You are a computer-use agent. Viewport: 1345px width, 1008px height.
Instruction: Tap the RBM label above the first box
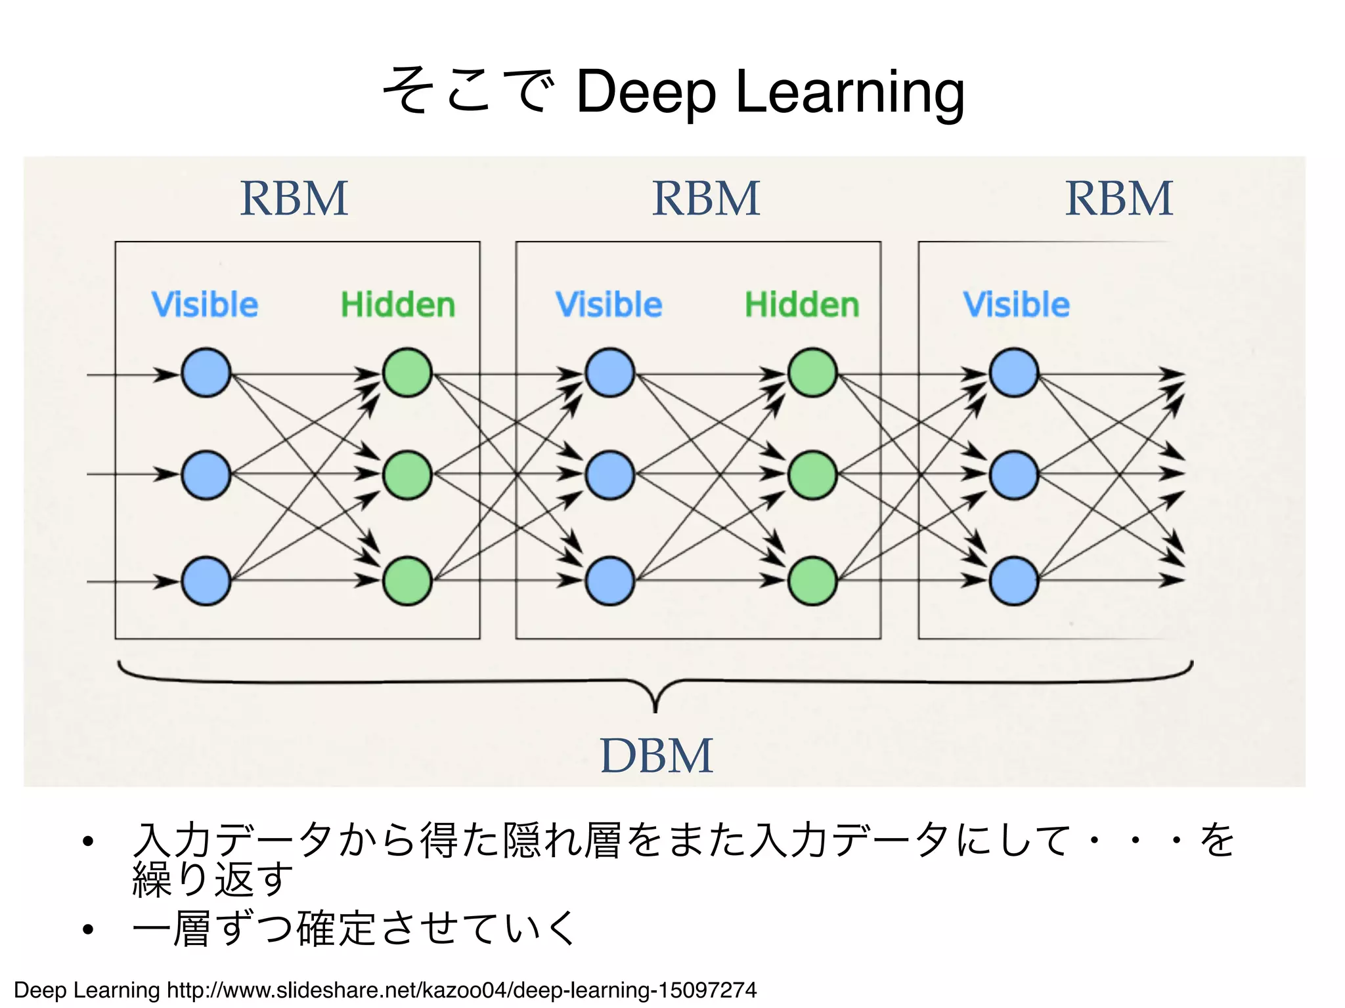point(294,198)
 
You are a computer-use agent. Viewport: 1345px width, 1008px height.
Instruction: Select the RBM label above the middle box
point(706,198)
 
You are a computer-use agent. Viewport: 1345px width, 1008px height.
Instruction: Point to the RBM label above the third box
point(1118,198)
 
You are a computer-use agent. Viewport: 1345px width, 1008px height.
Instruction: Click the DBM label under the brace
point(656,755)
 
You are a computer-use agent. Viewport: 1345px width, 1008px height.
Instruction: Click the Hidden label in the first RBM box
point(398,305)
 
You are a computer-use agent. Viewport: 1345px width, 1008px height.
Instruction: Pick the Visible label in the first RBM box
point(205,305)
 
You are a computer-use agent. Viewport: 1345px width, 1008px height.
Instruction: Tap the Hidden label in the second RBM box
point(802,305)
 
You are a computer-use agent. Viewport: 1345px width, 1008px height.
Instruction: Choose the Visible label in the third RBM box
point(1016,305)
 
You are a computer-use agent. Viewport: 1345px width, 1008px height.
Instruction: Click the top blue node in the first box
point(206,373)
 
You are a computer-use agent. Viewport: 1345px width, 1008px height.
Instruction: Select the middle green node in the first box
point(407,474)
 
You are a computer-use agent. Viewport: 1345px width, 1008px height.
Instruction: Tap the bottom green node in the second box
point(812,581)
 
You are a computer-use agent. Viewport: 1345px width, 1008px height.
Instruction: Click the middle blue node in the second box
point(609,474)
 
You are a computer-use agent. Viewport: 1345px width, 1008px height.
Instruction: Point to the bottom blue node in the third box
point(1013,581)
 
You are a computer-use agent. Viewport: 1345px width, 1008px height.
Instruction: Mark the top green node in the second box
point(812,373)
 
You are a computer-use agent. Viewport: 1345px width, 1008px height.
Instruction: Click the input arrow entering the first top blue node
point(131,375)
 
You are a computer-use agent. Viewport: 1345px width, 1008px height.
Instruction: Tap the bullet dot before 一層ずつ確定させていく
point(88,929)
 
